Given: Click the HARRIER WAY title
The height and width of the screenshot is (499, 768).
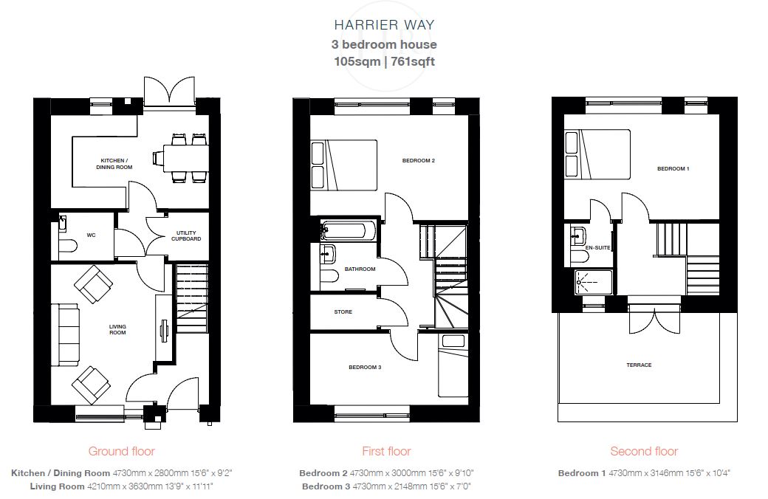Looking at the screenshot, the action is tap(384, 25).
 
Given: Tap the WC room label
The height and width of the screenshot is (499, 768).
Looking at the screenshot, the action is tap(91, 235).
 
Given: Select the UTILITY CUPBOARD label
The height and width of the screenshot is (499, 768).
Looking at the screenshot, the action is tap(186, 236).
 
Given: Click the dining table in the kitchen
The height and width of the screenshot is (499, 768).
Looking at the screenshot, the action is tap(185, 158).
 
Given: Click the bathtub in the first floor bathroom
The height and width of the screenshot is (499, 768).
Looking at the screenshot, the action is tap(349, 230).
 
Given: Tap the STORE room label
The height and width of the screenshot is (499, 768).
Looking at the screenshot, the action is tap(343, 312).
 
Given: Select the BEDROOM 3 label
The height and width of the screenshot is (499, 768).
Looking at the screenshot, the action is tap(365, 368).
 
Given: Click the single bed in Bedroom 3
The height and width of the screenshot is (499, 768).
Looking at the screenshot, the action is tap(453, 365).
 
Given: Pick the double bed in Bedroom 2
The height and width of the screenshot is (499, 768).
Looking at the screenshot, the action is tap(344, 165).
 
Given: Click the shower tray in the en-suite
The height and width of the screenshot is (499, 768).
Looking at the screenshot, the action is tap(594, 283).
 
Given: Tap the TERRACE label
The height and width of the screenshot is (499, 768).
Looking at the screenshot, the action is tap(639, 365).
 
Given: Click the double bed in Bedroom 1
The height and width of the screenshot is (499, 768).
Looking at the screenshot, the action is tap(597, 154).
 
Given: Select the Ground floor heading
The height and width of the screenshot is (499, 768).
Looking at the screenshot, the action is tap(121, 451).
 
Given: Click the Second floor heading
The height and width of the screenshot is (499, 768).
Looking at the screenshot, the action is tap(644, 451).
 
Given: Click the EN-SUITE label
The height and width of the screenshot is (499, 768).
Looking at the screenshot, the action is tap(598, 248).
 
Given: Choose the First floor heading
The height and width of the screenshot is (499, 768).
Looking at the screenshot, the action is tap(386, 451).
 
